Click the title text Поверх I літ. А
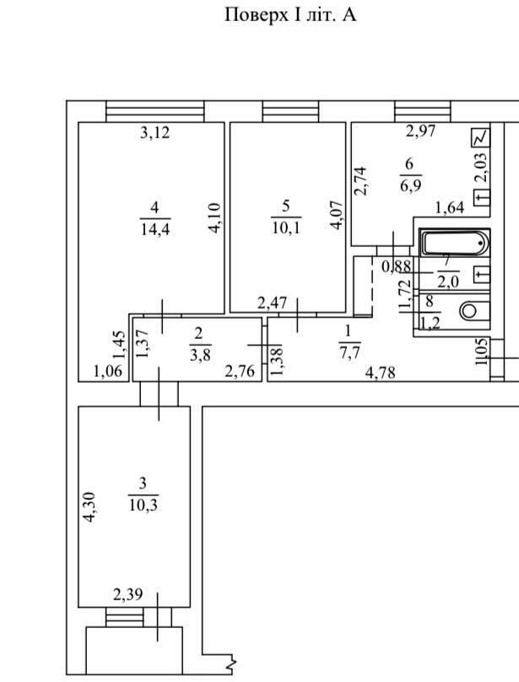pos(290,16)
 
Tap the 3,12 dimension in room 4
pos(154,132)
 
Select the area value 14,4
pos(155,228)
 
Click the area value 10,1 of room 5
pos(286,228)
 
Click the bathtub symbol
pos(455,243)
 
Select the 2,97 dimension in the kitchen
pos(420,131)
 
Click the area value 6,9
pos(410,185)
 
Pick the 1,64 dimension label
pos(450,208)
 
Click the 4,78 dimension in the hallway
pos(381,373)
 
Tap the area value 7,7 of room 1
pos(349,352)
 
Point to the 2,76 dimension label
pos(239,371)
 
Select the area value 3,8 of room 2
pos(200,355)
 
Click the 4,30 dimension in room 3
pos(89,507)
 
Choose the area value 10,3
pos(143,506)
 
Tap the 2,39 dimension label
pos(128,594)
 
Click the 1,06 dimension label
pos(107,372)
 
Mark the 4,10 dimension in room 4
pos(215,219)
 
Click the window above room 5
pos(291,112)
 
